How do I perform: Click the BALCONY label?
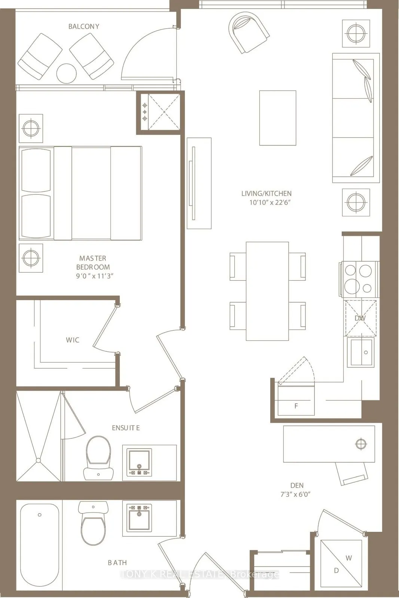[x=84, y=27]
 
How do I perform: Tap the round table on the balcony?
[x=66, y=73]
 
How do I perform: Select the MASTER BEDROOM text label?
[x=93, y=262]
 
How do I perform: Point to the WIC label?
[x=73, y=340]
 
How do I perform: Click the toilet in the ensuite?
[x=98, y=457]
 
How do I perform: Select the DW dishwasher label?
[x=360, y=318]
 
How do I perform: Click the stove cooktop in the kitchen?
[x=359, y=278]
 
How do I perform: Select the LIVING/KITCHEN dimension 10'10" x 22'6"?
[x=270, y=203]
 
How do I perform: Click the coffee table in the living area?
[x=278, y=118]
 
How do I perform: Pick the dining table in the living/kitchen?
[x=267, y=291]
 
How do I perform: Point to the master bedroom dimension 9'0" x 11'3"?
[x=94, y=276]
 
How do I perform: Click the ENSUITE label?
[x=126, y=428]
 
